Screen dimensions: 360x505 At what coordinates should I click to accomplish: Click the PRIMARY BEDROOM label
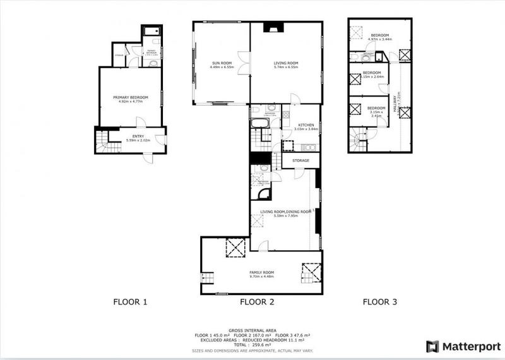(130, 97)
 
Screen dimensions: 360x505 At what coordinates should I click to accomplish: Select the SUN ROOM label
(221, 63)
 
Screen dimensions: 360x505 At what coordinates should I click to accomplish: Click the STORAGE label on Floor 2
(300, 161)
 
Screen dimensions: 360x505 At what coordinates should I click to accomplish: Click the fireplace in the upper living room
(273, 28)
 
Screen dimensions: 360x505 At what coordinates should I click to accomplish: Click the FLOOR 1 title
(130, 302)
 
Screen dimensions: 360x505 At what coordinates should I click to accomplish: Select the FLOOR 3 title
(379, 302)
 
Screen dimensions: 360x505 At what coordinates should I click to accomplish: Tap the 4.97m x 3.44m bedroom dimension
(380, 39)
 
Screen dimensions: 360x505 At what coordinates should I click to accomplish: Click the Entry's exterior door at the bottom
(146, 158)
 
